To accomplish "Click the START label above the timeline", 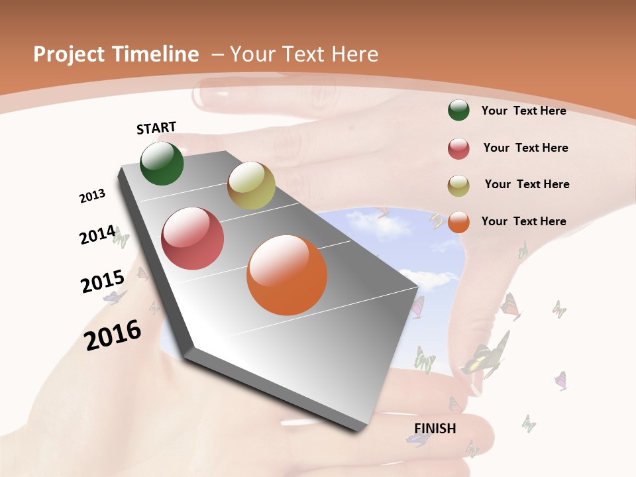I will point(156,128).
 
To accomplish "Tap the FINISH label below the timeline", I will point(435,429).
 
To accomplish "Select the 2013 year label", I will point(93,196).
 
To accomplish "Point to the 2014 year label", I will point(97,235).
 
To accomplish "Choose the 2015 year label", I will point(103,282).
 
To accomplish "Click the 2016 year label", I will point(113,335).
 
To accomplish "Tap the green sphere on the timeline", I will point(162,163).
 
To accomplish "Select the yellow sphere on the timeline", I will point(251,185).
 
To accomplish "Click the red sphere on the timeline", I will point(193,238).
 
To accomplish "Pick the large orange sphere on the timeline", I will point(287,275).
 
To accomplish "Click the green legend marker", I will point(458,110).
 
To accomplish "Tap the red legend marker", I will point(458,148).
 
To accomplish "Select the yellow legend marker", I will point(458,185).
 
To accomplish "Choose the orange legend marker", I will point(458,222).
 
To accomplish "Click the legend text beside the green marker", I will point(523,111).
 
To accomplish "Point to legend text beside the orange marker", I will point(523,221).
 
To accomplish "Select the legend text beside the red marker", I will point(525,148).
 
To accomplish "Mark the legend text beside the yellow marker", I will point(527,184).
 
